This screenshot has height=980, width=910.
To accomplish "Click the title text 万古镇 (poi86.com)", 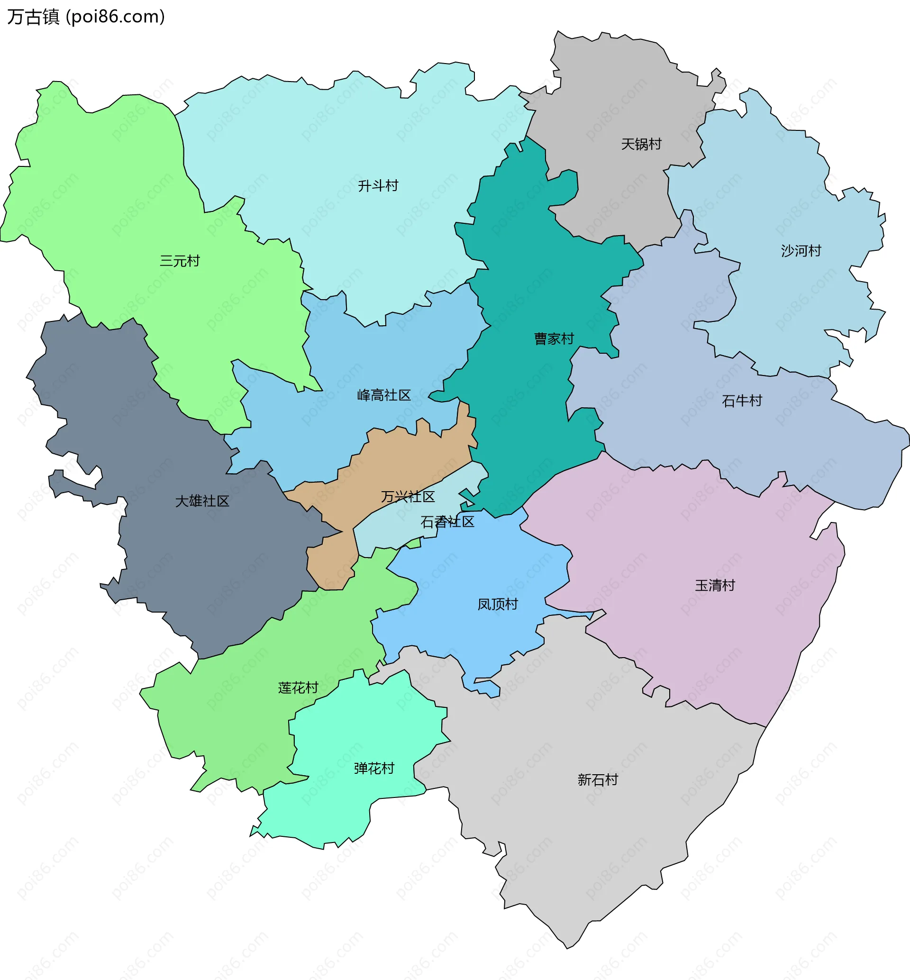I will point(86,17).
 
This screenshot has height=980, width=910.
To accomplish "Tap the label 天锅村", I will point(641,144).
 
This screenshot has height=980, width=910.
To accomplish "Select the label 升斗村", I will point(378,186).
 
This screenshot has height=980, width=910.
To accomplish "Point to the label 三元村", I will point(180,261).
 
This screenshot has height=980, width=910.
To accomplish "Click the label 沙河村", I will point(801,251).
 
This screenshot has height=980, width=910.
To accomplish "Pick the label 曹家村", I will point(554,339).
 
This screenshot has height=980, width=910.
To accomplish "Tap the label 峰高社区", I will point(384,395).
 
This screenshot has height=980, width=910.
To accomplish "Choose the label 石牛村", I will point(742,401).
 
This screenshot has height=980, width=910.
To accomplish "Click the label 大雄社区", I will point(202,501).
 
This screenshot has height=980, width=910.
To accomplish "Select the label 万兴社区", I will point(408,497).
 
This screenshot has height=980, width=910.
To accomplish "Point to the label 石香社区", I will point(447,522).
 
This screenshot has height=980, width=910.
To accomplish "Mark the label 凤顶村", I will point(498,604).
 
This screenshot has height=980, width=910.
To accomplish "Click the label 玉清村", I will point(715,586).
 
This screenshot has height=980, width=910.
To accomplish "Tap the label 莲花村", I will point(299,688).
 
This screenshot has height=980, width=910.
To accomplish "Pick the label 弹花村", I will point(374,769).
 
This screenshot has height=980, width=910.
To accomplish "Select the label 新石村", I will point(598,780).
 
